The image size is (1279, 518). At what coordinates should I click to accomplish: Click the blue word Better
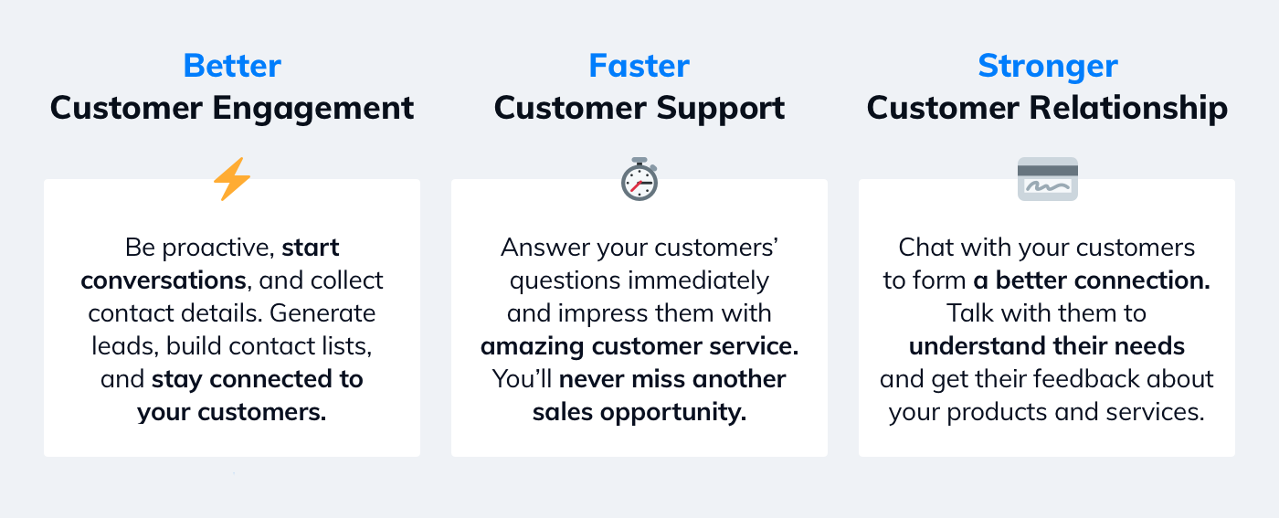coord(232,66)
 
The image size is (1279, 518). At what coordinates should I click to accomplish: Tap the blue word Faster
coord(639,66)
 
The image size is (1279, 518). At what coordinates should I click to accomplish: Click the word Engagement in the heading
coord(312,109)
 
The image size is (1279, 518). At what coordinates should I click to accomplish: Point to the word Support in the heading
coord(721,109)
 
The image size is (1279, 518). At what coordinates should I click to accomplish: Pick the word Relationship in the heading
coord(1128,108)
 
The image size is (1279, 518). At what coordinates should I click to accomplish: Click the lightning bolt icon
coord(232,179)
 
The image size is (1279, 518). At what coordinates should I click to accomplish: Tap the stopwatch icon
coord(639,179)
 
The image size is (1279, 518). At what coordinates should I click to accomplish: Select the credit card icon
coord(1048,179)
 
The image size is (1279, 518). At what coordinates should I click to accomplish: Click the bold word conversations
coord(164,280)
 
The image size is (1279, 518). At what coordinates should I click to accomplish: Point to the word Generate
coord(322,313)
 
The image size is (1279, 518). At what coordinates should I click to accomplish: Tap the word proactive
coord(218,248)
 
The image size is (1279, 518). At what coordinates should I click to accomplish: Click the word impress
coord(602,314)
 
